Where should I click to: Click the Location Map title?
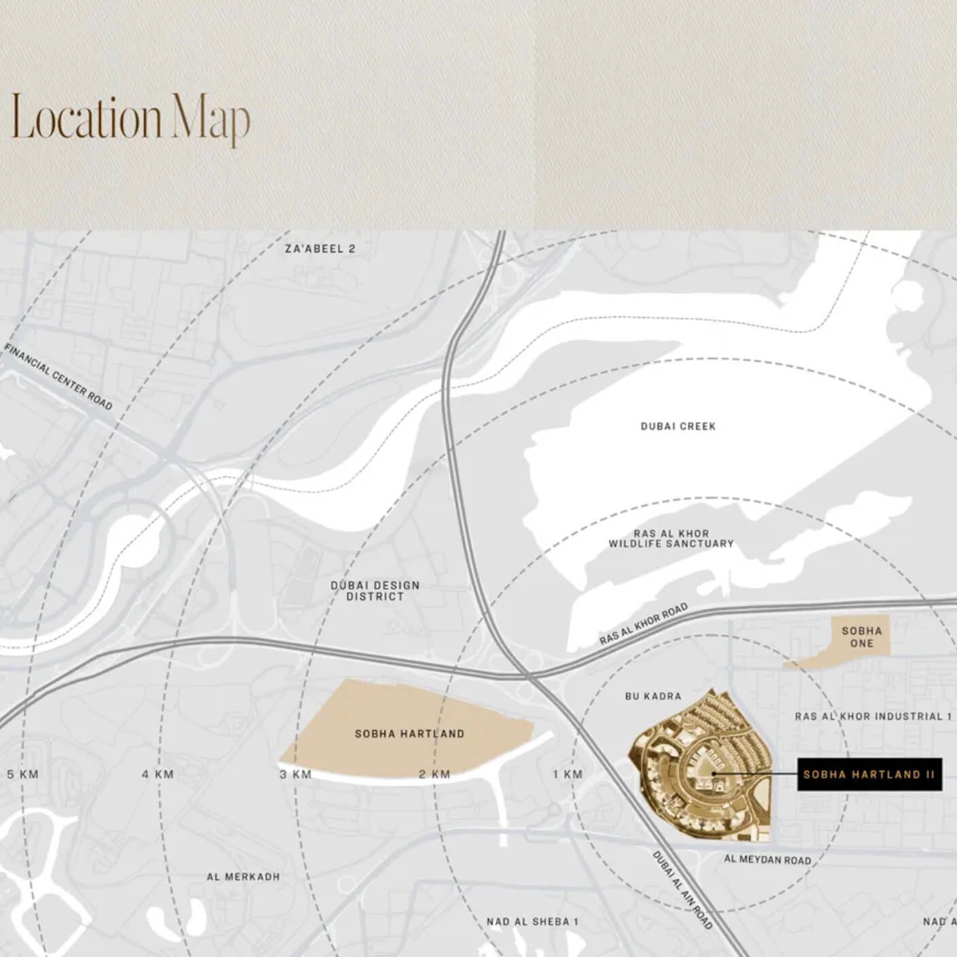point(130,118)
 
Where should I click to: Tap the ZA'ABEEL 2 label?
point(319,249)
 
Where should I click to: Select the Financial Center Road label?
point(58,377)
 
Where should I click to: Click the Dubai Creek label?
point(678,426)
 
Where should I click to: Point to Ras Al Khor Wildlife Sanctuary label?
point(671,539)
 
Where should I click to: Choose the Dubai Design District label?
point(375,591)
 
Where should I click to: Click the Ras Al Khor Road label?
point(643,624)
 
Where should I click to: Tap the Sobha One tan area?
point(861,637)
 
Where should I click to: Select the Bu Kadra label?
point(652,696)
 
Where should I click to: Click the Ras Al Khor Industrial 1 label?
point(873,716)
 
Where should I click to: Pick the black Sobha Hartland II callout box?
point(869,774)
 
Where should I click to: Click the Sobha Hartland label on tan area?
point(409,734)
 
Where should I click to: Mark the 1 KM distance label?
point(568,774)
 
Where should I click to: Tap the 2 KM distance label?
point(434,774)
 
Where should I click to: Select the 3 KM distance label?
point(296,774)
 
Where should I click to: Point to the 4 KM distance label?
point(158,774)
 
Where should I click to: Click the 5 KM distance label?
point(22,774)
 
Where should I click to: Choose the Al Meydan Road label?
point(767,860)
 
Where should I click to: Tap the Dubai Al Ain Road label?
point(682,890)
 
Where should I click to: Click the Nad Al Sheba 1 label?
point(532,922)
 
